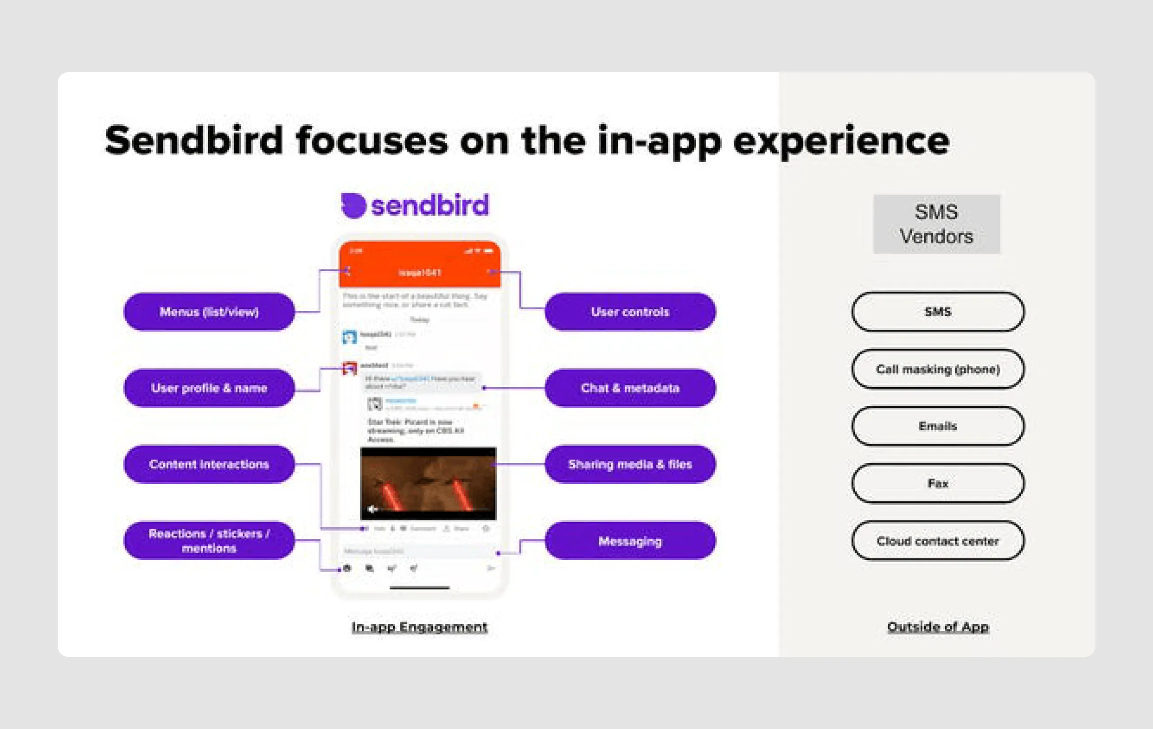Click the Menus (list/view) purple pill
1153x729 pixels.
pyautogui.click(x=209, y=312)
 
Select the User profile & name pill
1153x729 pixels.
pyautogui.click(x=209, y=388)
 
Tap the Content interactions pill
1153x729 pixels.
pyautogui.click(x=209, y=464)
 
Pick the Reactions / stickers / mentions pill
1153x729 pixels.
pyautogui.click(x=209, y=540)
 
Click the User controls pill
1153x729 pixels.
pyautogui.click(x=630, y=312)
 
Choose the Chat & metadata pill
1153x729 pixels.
pyautogui.click(x=630, y=388)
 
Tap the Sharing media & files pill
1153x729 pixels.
pyautogui.click(x=630, y=464)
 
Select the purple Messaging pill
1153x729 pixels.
pyautogui.click(x=630, y=541)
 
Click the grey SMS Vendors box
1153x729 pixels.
pyautogui.click(x=936, y=224)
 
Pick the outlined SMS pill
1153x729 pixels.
pyautogui.click(x=938, y=312)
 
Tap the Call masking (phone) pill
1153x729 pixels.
pyautogui.click(x=938, y=369)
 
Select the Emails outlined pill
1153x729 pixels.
pyautogui.click(x=938, y=426)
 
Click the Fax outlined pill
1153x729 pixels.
pyautogui.click(x=938, y=483)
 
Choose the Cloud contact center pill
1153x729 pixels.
pyautogui.click(x=938, y=541)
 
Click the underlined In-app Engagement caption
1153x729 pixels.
pyautogui.click(x=419, y=627)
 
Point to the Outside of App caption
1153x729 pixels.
pyautogui.click(x=938, y=627)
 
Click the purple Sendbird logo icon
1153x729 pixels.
pyautogui.click(x=354, y=205)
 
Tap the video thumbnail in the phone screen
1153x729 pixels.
pyautogui.click(x=428, y=483)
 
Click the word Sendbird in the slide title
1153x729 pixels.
pyautogui.click(x=194, y=140)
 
